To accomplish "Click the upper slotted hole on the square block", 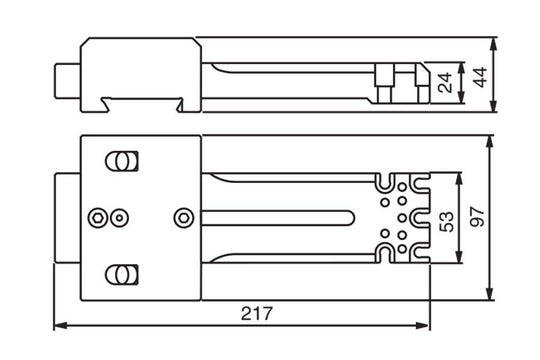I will tap(122, 161).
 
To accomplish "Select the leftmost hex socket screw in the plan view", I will tap(97, 217).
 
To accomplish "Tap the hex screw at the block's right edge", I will tap(183, 217).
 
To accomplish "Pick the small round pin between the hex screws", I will tap(119, 217).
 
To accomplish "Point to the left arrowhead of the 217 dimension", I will tap(57, 325).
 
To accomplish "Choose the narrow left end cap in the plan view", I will tap(66, 217).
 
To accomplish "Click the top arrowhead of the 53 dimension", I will tap(456, 176).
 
